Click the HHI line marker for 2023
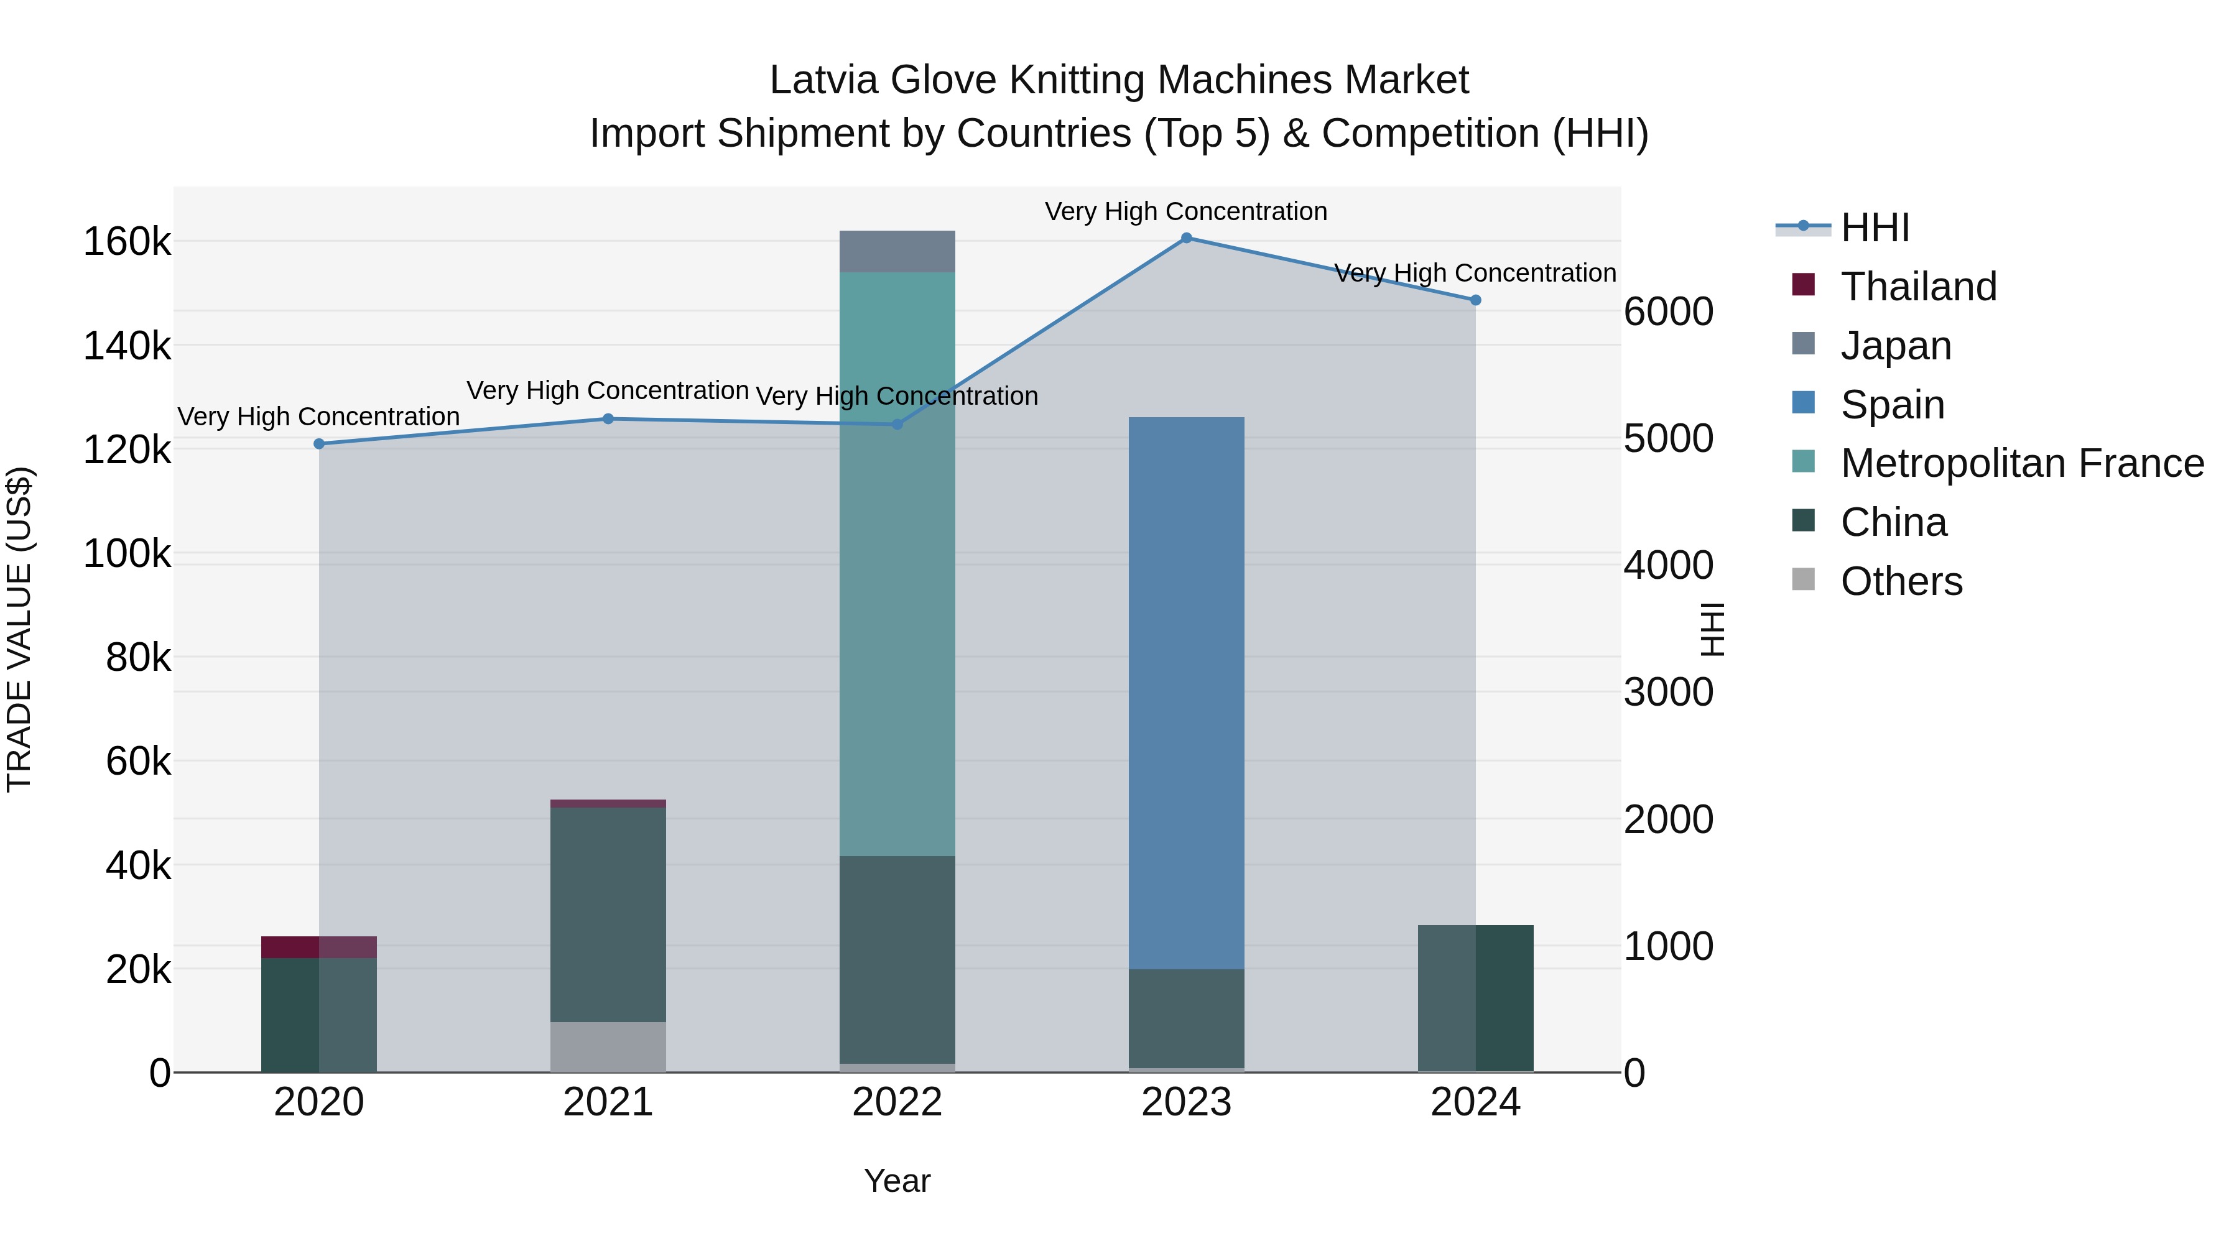tap(1187, 238)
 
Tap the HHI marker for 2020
tap(319, 444)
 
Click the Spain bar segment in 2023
tap(1187, 693)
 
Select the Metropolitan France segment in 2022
tap(897, 564)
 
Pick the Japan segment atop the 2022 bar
tap(897, 252)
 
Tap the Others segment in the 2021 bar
tap(608, 1047)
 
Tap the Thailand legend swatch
tap(1804, 285)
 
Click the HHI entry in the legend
tap(1875, 228)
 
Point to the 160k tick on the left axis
tap(127, 242)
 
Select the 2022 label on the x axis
tap(897, 1102)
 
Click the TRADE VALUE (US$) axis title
tap(19, 629)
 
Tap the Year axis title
tap(897, 1181)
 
